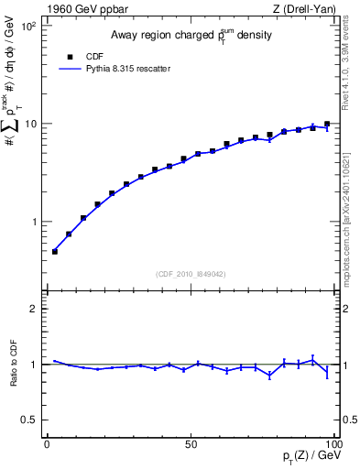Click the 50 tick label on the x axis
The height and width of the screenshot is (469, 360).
(191, 444)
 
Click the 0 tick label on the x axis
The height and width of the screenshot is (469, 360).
(47, 444)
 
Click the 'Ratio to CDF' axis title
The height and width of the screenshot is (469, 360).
(13, 376)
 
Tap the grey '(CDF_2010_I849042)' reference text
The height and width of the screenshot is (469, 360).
(191, 273)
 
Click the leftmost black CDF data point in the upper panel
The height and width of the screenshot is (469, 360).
(54, 251)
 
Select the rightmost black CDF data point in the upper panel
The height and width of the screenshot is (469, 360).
(327, 124)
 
